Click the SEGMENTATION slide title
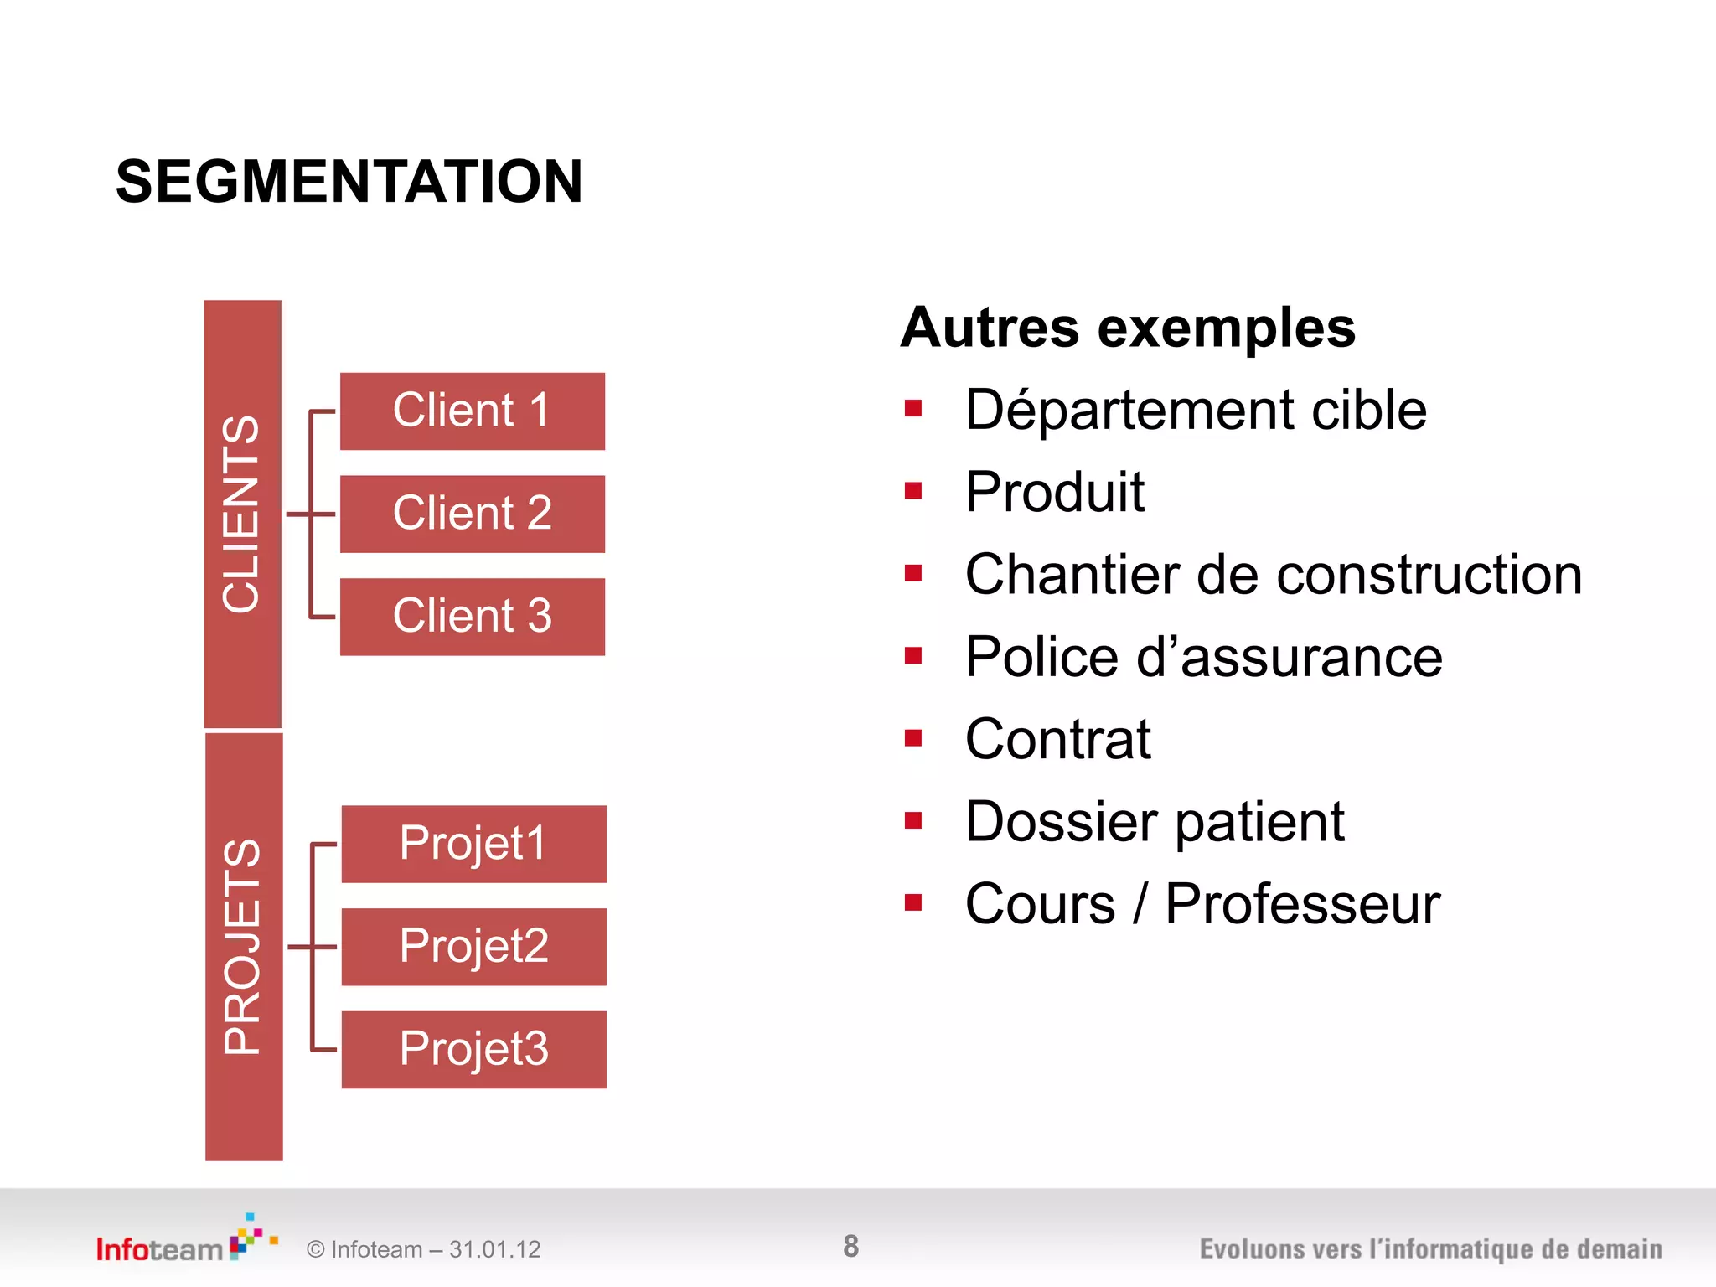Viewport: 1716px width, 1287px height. [x=349, y=182]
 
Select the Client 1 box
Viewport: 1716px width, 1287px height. [x=472, y=411]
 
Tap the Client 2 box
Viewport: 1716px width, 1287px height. [x=472, y=514]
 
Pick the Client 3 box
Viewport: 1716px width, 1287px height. [x=472, y=617]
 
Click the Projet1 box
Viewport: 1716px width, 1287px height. [x=473, y=844]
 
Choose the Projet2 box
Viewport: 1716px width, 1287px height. [x=473, y=947]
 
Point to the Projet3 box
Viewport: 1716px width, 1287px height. [x=473, y=1049]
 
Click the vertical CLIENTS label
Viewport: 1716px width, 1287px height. [x=241, y=514]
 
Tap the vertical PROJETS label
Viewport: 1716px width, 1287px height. [x=243, y=947]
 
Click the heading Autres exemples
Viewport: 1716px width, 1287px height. [x=1128, y=328]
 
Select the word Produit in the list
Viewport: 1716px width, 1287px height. [x=1054, y=492]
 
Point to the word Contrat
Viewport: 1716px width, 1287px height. [x=1057, y=740]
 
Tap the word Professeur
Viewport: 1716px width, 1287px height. [x=1302, y=905]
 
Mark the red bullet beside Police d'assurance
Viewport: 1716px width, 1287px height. [x=913, y=655]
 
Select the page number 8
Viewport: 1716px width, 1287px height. [x=850, y=1247]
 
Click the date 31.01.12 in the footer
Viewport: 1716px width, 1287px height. [x=494, y=1250]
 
